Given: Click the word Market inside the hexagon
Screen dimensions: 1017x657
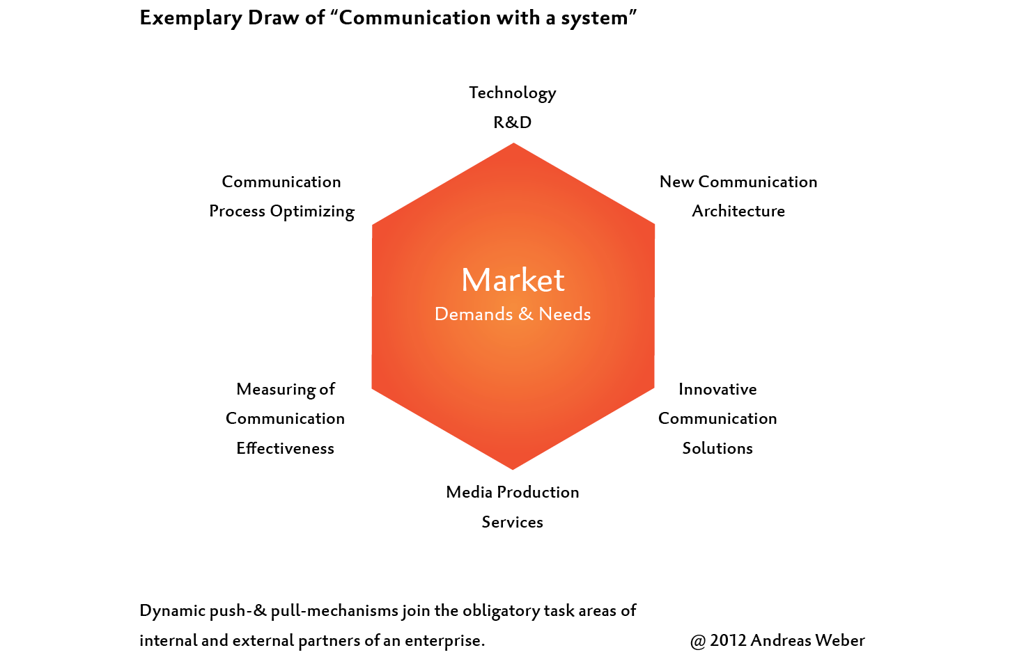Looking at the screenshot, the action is point(513,280).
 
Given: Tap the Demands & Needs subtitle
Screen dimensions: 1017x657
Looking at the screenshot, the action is point(513,315).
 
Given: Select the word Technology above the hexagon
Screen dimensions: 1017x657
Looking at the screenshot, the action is point(512,93).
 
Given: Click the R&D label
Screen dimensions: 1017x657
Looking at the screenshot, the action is point(512,122).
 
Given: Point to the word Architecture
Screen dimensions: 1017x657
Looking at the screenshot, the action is point(738,212).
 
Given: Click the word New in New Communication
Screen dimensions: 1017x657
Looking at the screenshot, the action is point(676,182).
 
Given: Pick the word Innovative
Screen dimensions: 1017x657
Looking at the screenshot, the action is point(717,390).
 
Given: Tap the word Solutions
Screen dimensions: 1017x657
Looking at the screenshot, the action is point(717,449).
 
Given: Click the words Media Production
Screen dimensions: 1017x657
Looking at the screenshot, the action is point(512,493).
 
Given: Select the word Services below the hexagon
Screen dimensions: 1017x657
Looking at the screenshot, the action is point(512,523).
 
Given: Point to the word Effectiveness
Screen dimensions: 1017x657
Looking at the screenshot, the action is point(285,449).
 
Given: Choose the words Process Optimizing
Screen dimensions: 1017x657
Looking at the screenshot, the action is point(281,212).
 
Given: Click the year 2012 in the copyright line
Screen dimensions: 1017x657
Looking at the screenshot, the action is point(728,641).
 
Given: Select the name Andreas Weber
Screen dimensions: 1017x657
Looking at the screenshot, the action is point(808,641).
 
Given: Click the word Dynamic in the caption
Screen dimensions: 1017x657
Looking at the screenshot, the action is point(172,611).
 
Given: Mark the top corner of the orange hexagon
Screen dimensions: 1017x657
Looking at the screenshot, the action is point(513,144).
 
